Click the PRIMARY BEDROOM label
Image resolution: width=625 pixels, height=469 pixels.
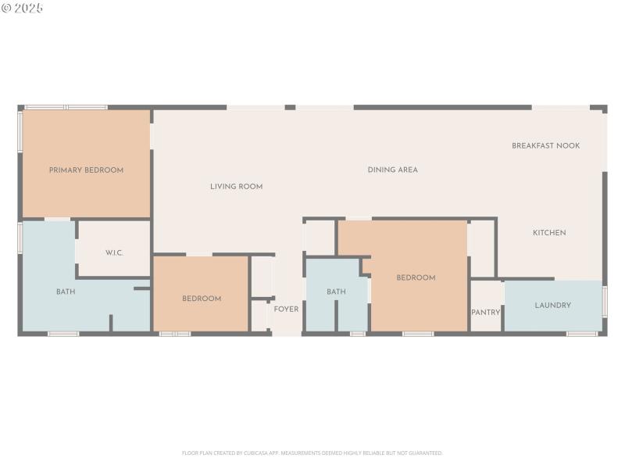[86, 170]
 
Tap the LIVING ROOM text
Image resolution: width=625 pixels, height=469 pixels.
[236, 187]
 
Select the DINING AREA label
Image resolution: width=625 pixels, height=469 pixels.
[392, 170]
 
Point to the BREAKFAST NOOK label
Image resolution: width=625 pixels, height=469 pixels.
[545, 145]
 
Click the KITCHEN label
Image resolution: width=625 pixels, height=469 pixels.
[549, 232]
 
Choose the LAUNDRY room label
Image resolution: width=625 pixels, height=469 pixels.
[552, 305]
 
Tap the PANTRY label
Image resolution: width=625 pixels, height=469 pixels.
[485, 312]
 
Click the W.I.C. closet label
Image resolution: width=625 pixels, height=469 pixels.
[115, 252]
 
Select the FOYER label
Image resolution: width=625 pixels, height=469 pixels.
[286, 310]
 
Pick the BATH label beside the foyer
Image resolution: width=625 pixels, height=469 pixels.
[336, 292]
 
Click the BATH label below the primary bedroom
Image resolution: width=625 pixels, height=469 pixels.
[66, 292]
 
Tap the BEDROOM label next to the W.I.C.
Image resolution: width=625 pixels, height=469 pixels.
[202, 299]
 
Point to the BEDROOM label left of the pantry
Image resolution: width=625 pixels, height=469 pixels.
[416, 277]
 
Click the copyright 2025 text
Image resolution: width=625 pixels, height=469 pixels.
[23, 8]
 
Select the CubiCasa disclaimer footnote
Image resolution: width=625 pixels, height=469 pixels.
[312, 453]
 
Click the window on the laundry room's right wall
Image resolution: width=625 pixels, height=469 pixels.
[605, 301]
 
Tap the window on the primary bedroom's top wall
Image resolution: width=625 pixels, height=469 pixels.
[66, 107]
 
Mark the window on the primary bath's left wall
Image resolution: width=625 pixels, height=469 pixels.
[20, 237]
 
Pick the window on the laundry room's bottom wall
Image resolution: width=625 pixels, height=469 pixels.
[581, 334]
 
